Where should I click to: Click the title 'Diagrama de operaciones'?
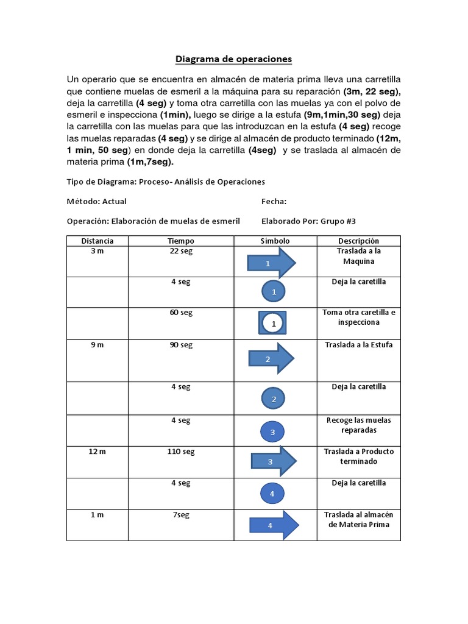pyautogui.click(x=234, y=59)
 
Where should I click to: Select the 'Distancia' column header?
pyautogui.click(x=97, y=241)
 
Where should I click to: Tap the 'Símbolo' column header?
pyautogui.click(x=275, y=241)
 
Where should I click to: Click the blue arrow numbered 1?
pyautogui.click(x=271, y=263)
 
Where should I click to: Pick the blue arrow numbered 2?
pyautogui.click(x=271, y=358)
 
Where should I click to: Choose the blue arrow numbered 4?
pyautogui.click(x=274, y=525)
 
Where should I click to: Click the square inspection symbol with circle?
pyautogui.click(x=274, y=324)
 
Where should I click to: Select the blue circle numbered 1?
pyautogui.click(x=274, y=292)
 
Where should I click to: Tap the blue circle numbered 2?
pyautogui.click(x=274, y=399)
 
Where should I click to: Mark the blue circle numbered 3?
pyautogui.click(x=273, y=432)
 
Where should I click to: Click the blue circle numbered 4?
pyautogui.click(x=272, y=493)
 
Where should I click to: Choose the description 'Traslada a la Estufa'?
pyautogui.click(x=358, y=345)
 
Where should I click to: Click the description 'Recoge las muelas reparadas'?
pyautogui.click(x=358, y=425)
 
